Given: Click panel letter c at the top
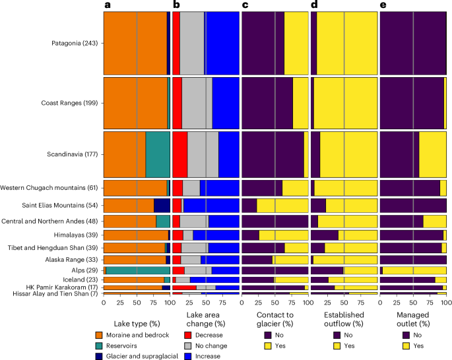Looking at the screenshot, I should [245, 5].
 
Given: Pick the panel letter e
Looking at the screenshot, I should [384, 5].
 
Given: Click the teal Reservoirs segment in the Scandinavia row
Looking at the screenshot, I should [157, 155].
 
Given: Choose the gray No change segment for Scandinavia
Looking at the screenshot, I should [203, 155].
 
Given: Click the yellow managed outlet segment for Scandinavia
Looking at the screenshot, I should [432, 155].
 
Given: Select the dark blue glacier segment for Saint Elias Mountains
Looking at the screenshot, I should [162, 205].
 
